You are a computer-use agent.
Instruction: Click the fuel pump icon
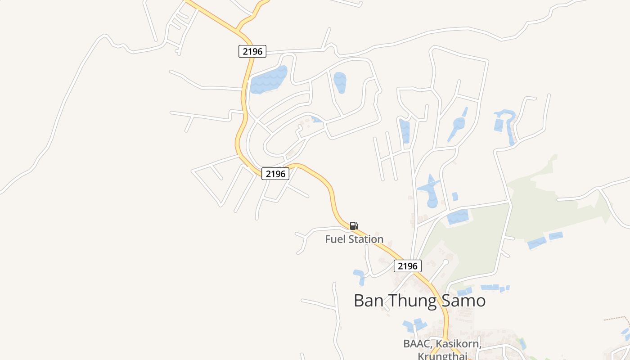click(354, 226)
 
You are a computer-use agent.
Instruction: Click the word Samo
click(464, 301)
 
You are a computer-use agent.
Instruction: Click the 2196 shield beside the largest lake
click(252, 51)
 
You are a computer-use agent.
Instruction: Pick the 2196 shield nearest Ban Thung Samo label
click(408, 266)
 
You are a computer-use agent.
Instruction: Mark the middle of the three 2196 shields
click(275, 174)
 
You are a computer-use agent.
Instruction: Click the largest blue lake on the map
click(268, 81)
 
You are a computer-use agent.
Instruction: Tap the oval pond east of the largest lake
click(340, 82)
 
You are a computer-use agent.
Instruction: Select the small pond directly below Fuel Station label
click(359, 275)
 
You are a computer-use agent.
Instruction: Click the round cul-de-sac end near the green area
click(445, 261)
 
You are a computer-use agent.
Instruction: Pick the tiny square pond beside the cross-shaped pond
click(455, 196)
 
